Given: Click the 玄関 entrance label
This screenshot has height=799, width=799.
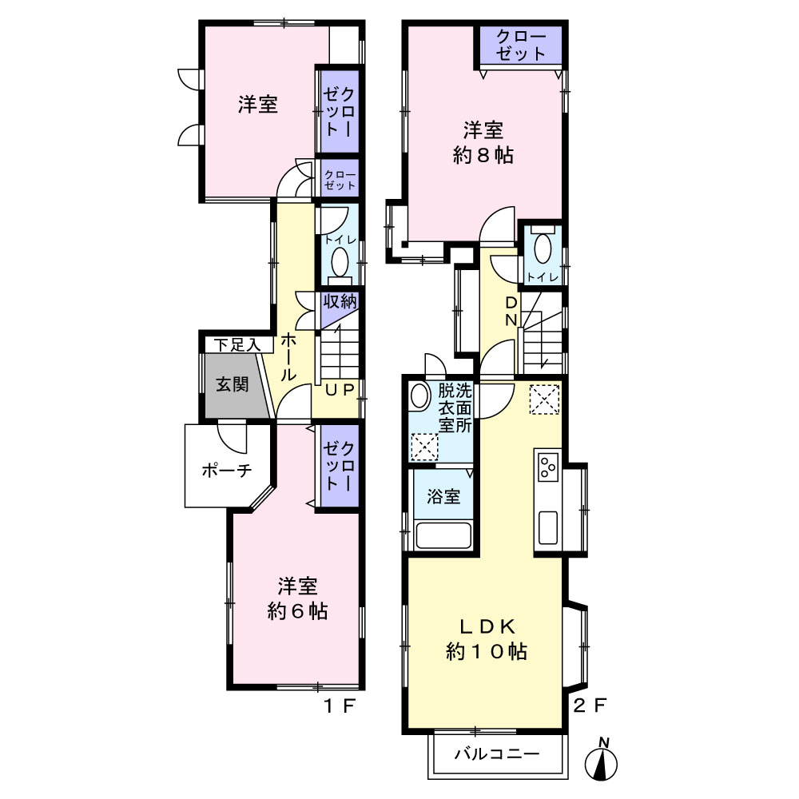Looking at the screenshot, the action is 232,384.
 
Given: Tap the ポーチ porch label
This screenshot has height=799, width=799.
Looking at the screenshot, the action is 227,470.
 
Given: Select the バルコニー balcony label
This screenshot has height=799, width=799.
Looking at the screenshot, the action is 497,753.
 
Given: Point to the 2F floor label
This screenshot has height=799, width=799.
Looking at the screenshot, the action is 590,706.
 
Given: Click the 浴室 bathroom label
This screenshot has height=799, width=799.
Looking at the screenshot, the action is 443,496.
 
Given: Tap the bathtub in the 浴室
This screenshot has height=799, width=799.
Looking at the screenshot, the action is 443,535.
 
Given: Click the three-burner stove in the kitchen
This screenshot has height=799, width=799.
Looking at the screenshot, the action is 548,467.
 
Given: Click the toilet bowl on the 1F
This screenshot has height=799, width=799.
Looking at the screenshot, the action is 340,261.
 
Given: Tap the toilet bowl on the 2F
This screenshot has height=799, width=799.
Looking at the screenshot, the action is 543,249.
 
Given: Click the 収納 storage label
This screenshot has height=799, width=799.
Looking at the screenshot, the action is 340,302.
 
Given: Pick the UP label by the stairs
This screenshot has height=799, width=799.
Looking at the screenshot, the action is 340,390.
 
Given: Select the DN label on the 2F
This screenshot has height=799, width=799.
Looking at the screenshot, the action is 511,312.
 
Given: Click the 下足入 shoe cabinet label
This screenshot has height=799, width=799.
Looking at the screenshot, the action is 237,345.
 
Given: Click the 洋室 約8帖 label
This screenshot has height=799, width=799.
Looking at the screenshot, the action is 483,143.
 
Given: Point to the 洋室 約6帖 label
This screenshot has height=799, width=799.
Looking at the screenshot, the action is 297,598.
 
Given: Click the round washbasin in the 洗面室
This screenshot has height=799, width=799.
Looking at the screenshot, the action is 420,396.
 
